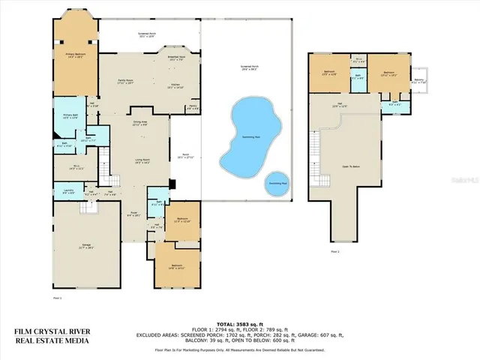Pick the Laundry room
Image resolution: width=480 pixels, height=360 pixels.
67,193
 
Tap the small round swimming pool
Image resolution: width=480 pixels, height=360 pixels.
277,183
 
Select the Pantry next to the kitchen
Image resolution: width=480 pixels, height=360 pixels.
192,107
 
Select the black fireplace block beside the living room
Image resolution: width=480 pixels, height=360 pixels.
172,183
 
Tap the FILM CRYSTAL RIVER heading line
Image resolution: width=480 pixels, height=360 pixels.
51,331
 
